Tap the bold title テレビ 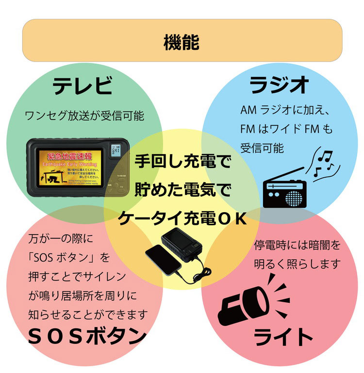(x=83, y=87)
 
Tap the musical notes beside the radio (x=323, y=163)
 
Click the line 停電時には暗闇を (x=297, y=245)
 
